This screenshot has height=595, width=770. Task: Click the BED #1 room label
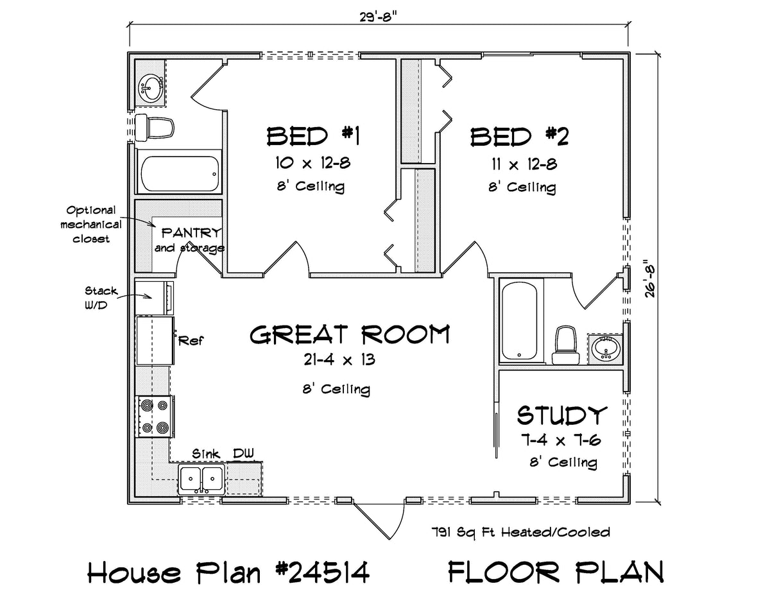313,137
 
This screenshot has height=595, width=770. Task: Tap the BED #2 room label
520,137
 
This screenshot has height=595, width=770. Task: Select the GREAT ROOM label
350,334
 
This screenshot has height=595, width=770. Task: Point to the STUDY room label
562,415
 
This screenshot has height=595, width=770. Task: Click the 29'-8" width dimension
378,17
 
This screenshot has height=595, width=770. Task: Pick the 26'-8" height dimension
650,279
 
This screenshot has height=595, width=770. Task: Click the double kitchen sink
201,479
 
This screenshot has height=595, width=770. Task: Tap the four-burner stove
155,417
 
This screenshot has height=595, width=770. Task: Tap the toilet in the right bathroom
565,345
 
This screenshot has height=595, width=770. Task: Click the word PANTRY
191,233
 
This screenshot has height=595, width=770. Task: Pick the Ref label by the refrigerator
191,341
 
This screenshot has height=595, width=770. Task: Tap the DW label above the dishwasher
243,453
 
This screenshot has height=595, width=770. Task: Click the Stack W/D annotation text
101,298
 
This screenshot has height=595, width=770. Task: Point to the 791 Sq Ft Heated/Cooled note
520,532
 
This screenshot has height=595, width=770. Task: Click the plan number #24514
321,572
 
